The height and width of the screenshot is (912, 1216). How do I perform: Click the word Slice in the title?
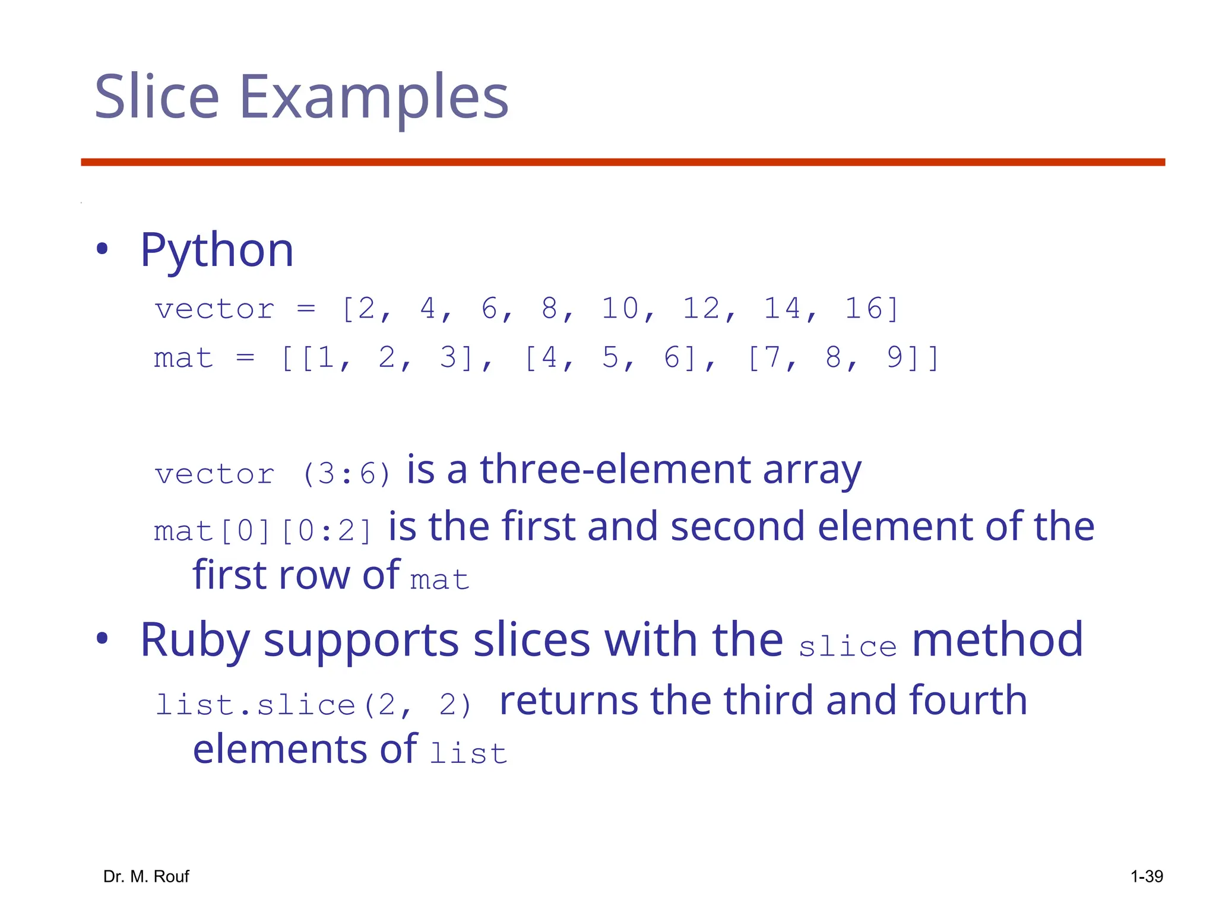click(x=157, y=97)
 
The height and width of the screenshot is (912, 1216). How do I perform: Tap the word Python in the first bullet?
click(x=217, y=251)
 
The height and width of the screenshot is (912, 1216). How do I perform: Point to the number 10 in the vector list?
click(x=620, y=309)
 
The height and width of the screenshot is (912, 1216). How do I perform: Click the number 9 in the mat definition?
click(x=895, y=358)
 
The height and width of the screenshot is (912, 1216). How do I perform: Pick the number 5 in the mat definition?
click(x=610, y=358)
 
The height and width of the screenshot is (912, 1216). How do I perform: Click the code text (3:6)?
click(x=347, y=474)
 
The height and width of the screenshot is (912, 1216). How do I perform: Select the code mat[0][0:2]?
click(x=263, y=531)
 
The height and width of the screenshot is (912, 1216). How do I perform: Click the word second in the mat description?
click(x=737, y=526)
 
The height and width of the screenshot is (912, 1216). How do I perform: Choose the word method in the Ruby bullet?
click(x=997, y=639)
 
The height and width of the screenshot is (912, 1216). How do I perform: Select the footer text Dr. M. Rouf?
click(x=146, y=876)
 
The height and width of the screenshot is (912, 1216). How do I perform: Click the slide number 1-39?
click(x=1147, y=876)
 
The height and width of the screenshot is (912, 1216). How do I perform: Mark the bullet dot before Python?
click(x=102, y=249)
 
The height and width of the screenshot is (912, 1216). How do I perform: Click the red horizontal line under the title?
click(x=623, y=162)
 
